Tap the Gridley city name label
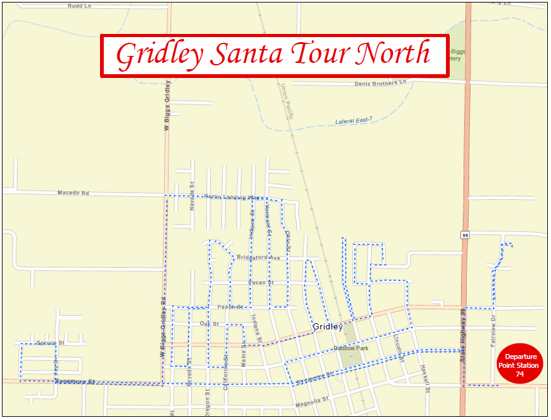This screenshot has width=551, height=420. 328,327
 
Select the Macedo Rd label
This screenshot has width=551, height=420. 73,193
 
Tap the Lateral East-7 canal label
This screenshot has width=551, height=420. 354,120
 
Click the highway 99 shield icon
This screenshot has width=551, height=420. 465,235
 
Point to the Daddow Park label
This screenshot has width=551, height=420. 351,348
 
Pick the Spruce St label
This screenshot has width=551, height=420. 50,343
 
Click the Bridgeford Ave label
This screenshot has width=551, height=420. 258,258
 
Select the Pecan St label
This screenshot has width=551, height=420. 261,283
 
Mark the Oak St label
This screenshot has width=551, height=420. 209,324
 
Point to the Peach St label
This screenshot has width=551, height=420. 230,307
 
